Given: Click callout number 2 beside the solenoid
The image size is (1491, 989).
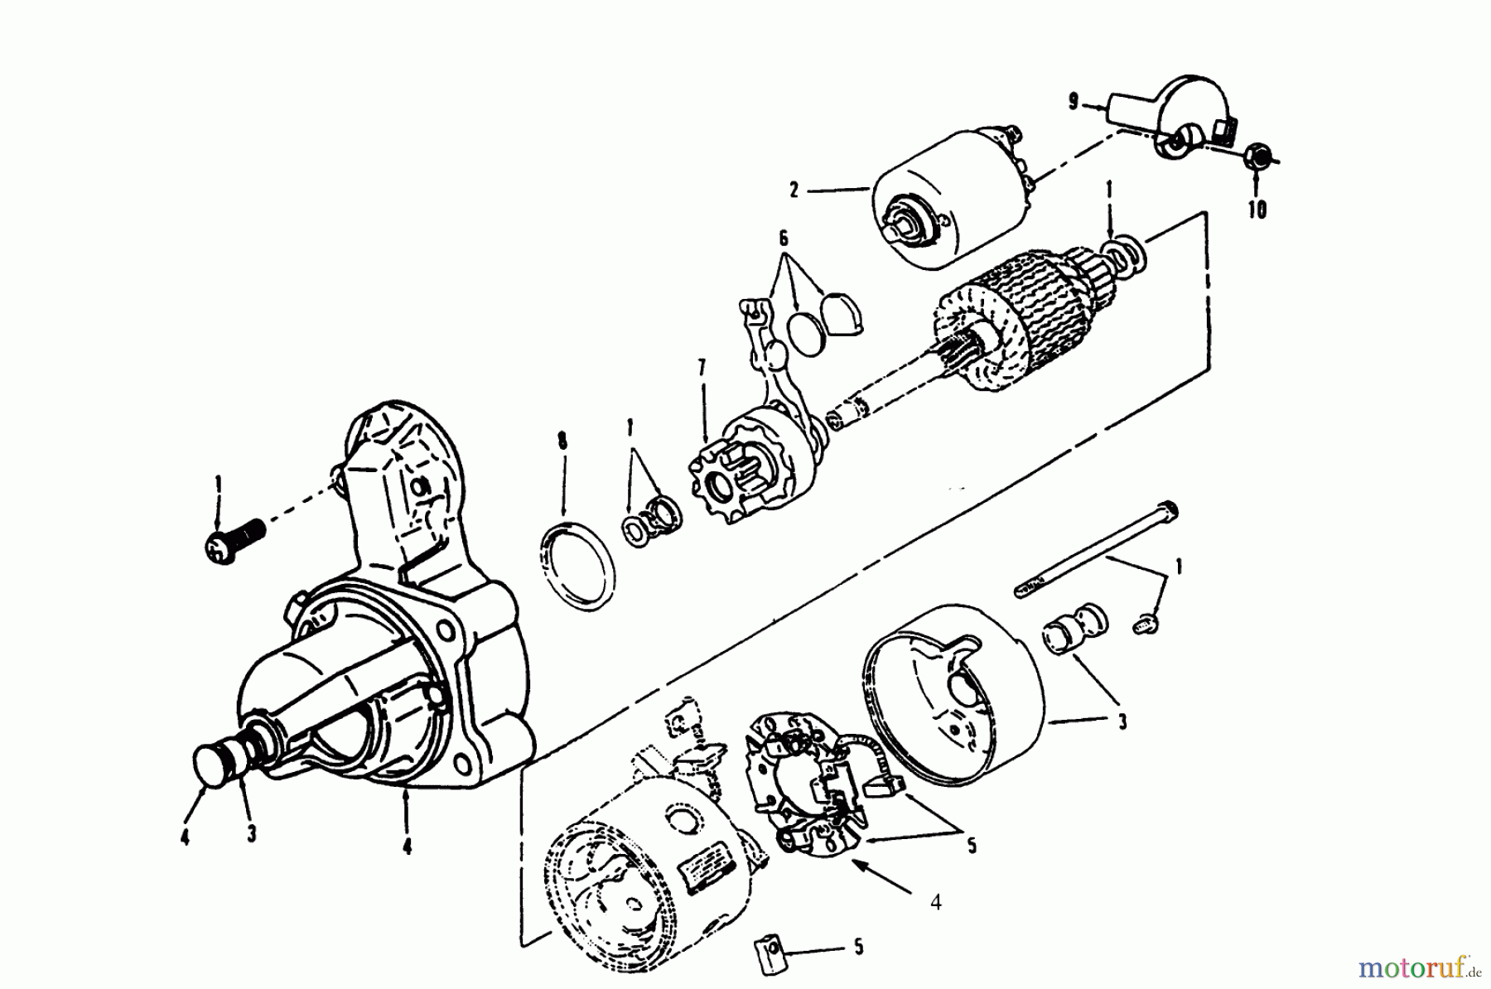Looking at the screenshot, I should (x=794, y=191).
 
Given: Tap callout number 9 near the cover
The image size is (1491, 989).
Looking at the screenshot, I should (x=1074, y=103).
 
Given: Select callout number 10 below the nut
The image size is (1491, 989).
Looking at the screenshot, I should (x=1257, y=210).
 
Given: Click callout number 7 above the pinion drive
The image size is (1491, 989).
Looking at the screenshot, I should (x=702, y=369).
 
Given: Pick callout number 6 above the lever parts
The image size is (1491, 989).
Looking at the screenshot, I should (x=783, y=239).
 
